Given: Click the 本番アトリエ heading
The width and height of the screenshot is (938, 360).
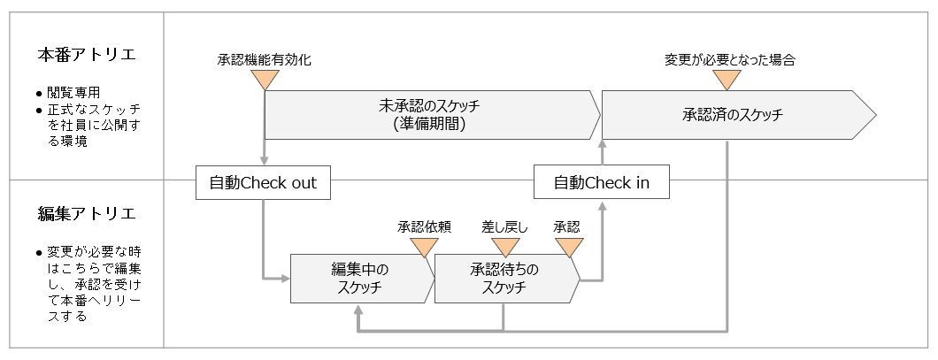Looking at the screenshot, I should pyautogui.click(x=86, y=56).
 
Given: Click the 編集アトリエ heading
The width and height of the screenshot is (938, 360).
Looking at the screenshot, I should pyautogui.click(x=86, y=213).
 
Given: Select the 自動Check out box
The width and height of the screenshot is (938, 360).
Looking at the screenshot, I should pyautogui.click(x=263, y=183).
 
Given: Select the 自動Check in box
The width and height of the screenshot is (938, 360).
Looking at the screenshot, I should pyautogui.click(x=602, y=183).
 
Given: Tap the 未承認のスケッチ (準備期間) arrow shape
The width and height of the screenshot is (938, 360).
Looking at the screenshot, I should pyautogui.click(x=429, y=115).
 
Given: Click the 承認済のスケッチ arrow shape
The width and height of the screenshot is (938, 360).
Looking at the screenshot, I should pyautogui.click(x=734, y=115).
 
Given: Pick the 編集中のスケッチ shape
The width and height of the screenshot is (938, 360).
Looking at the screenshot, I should pyautogui.click(x=360, y=279).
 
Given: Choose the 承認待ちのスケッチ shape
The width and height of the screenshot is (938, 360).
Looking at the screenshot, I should pyautogui.click(x=504, y=279).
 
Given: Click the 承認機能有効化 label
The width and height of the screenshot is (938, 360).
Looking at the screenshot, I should pyautogui.click(x=264, y=60).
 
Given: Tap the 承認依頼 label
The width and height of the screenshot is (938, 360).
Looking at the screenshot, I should pyautogui.click(x=425, y=226).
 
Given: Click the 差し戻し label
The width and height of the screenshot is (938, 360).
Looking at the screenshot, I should pyautogui.click(x=504, y=226).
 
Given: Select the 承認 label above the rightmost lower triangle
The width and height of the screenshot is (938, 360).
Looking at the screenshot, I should pyautogui.click(x=566, y=226).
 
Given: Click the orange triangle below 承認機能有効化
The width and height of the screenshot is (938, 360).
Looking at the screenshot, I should pyautogui.click(x=264, y=80).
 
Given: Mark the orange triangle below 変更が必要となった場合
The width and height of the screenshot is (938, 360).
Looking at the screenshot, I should pyautogui.click(x=727, y=80).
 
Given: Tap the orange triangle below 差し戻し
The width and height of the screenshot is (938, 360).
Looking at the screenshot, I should pyautogui.click(x=504, y=246).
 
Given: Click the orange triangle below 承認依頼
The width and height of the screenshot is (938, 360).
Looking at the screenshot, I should pyautogui.click(x=425, y=246).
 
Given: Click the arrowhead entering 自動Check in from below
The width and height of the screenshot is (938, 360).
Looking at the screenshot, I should pyautogui.click(x=603, y=205).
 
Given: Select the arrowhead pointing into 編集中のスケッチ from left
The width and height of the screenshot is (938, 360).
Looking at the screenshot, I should pyautogui.click(x=286, y=279).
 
